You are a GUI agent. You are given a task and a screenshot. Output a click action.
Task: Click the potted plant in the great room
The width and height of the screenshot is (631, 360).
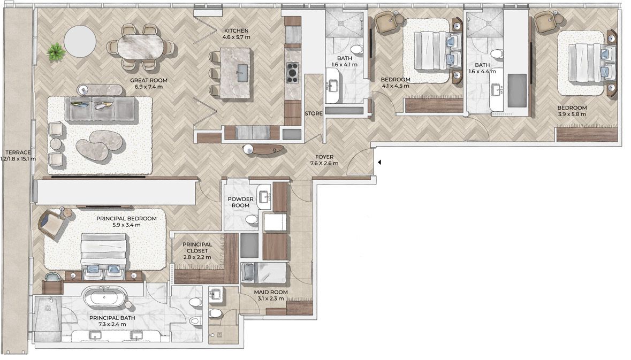coord(56,52)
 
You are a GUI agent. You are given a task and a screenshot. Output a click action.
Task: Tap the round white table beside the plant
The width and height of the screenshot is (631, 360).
coord(80,41)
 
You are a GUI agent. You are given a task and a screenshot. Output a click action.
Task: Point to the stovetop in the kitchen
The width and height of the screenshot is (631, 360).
coord(293,73)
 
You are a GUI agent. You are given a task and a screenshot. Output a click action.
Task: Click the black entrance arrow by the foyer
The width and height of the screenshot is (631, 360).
coord(379,163)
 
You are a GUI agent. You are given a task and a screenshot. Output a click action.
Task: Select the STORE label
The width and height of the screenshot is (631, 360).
coord(314,114)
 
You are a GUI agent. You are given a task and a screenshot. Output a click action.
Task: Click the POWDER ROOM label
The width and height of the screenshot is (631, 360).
coord(241,202)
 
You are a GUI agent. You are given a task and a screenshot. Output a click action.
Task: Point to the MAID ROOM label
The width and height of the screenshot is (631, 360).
coord(271,292)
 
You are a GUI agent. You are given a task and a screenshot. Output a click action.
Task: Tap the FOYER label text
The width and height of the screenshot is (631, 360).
coord(324,157)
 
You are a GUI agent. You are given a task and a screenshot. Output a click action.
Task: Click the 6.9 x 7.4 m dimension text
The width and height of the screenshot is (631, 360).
coord(148,87)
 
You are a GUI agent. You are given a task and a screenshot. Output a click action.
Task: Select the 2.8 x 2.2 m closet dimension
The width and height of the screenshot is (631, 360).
coord(197,257)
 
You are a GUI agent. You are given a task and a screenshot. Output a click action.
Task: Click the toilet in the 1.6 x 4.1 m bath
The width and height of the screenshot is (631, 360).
coord(356,50)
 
